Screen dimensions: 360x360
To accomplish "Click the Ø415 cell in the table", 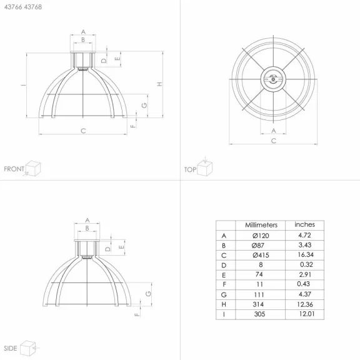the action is [261, 255].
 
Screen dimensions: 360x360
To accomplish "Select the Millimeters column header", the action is [261, 225].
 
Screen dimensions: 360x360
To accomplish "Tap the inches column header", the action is [304, 224].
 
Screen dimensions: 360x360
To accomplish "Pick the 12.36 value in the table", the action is [305, 304].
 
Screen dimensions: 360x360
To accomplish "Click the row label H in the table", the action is [224, 304].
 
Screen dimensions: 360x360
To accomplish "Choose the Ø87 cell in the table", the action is [258, 246].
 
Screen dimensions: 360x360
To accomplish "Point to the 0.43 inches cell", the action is [303, 284].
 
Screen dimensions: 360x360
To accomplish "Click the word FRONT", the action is [14, 169].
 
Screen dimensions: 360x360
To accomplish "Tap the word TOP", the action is [190, 169].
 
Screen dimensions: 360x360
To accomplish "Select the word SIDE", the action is [11, 348].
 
